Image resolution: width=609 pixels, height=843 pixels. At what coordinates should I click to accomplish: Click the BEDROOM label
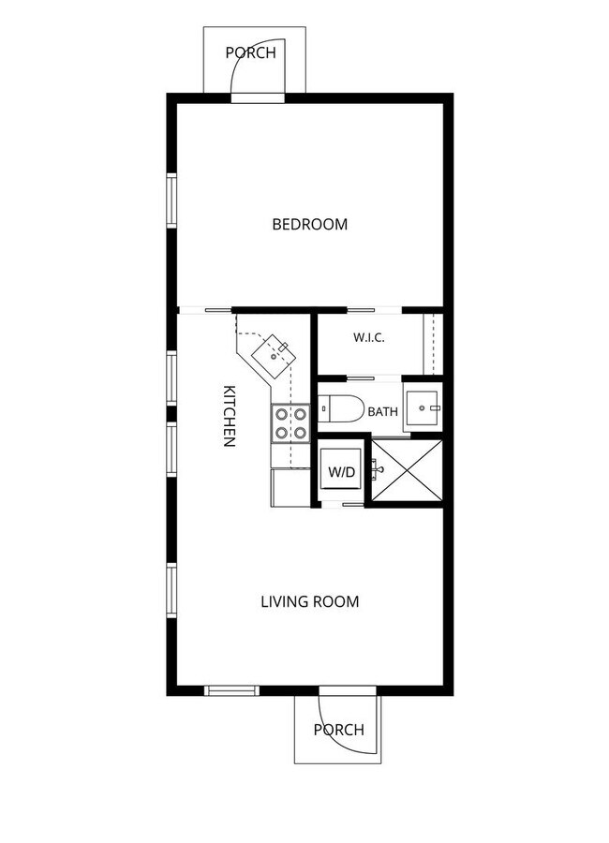pos(309,224)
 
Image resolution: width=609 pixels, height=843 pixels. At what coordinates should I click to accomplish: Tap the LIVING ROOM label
pos(310,601)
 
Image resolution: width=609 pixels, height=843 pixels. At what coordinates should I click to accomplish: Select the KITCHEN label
pos(229,416)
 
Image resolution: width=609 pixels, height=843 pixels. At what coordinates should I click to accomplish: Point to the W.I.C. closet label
pos(369,337)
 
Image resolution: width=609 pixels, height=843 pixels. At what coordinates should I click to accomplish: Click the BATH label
pos(383,412)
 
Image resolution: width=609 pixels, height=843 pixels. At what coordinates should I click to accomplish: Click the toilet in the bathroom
pos(341,408)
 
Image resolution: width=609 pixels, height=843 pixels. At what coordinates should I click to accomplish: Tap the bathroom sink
pos(423,408)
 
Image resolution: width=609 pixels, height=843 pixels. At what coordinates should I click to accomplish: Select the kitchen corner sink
pos(274,356)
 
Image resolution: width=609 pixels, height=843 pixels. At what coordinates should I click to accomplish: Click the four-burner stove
pos(290,423)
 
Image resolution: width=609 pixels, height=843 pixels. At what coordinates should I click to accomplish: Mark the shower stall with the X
pos(407,471)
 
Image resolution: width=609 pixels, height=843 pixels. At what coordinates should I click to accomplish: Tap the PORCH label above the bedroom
pos(251,52)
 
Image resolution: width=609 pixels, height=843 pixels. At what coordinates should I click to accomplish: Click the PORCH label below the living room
pos(339,730)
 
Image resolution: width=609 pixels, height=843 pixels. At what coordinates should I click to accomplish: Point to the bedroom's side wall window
pos(171,200)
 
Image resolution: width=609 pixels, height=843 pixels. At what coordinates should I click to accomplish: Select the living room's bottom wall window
pos(231,691)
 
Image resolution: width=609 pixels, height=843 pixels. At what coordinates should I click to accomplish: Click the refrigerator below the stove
pos(290,488)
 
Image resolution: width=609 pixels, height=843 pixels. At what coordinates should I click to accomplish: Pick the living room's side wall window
pos(171,590)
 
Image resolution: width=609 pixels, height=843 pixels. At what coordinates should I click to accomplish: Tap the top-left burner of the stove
pos(281,414)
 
